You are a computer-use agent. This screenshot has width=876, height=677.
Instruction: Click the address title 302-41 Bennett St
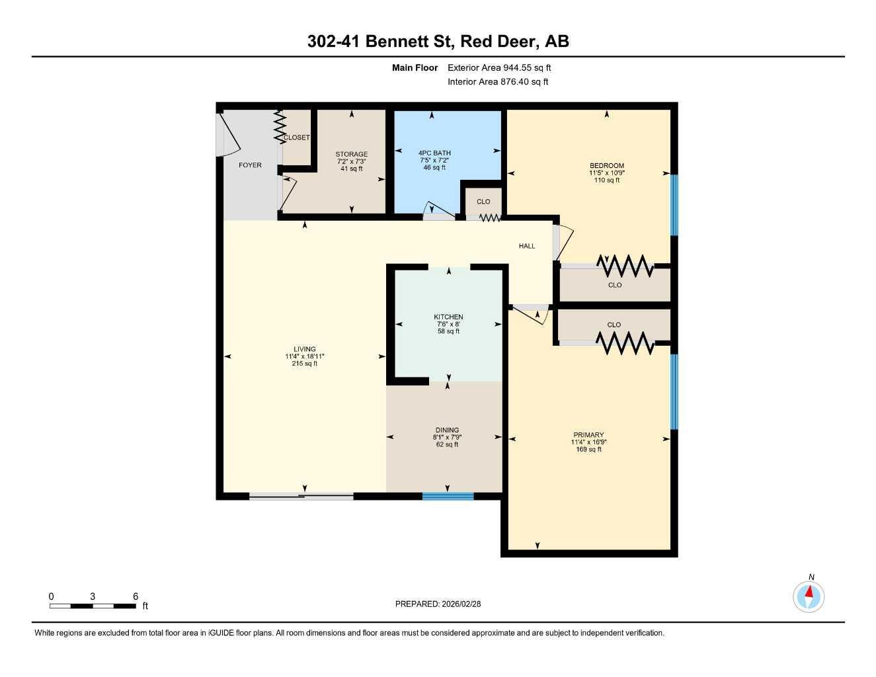coord(438,42)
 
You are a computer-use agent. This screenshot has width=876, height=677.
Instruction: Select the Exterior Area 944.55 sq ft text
coord(499,67)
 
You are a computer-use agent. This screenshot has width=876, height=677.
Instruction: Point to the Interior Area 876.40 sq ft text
coord(498,82)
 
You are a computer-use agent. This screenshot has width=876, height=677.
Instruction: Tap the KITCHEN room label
coord(448,317)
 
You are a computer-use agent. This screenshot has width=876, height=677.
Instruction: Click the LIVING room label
coord(305,349)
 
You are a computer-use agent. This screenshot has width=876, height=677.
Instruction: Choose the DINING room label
coord(447,430)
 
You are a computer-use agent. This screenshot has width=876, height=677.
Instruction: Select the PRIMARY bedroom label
coord(588,435)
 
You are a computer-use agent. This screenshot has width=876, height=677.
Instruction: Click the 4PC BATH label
coord(434,153)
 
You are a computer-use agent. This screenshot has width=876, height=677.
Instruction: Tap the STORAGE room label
coord(351,154)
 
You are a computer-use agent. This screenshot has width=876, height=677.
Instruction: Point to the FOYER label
coord(250,165)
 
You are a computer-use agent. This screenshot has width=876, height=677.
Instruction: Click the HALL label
coord(527,246)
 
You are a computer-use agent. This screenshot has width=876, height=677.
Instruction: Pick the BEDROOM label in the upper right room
coord(607,166)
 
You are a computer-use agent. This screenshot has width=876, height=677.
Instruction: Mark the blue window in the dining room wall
coord(448,497)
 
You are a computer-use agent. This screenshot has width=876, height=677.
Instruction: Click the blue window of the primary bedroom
coord(674,392)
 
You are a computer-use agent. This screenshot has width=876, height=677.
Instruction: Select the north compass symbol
coord(809,596)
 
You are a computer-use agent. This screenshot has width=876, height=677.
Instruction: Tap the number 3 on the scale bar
coord(93,596)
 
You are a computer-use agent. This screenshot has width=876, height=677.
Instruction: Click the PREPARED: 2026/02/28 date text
coord(438,604)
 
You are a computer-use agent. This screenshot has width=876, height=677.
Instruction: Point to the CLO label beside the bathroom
coord(483,202)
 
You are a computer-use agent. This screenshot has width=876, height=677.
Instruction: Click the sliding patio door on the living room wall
coord(301,497)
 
